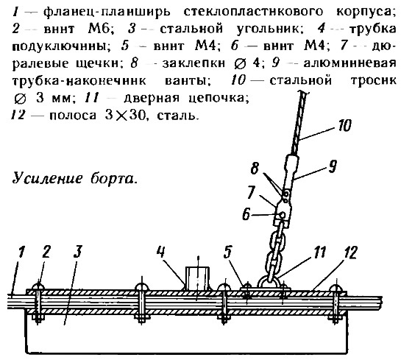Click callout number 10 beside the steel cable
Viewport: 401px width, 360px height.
click(x=344, y=125)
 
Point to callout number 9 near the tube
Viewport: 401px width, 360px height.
click(x=333, y=166)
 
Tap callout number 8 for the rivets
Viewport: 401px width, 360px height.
click(x=255, y=169)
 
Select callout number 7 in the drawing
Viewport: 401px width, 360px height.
click(x=251, y=192)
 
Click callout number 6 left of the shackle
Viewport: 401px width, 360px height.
click(x=246, y=214)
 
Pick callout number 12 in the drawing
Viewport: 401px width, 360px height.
click(x=350, y=253)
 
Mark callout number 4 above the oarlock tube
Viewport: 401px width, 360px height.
click(x=161, y=253)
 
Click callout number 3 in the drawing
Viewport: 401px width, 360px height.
click(x=78, y=252)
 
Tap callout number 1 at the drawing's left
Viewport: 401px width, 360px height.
click(x=22, y=252)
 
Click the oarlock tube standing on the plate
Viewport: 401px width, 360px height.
click(x=197, y=278)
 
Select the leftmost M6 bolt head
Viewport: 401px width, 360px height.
click(x=38, y=286)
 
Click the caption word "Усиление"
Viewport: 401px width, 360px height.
click(x=48, y=178)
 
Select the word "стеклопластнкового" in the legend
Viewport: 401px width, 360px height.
click(x=253, y=12)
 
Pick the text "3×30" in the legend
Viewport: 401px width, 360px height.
click(x=124, y=116)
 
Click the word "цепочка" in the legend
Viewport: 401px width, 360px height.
click(x=219, y=98)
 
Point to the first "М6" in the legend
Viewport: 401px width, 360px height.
click(x=101, y=29)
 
